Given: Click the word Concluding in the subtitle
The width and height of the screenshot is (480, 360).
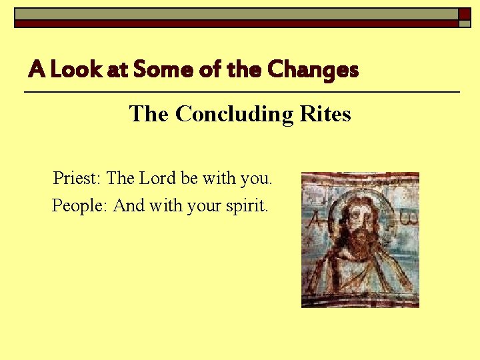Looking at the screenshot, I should (234, 114).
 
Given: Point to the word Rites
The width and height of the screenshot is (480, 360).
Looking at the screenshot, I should (325, 114).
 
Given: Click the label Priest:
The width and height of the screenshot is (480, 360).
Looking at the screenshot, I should (77, 179).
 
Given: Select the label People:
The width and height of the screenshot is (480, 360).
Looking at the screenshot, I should (80, 205).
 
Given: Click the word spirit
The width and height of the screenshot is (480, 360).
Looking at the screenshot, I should (247, 206).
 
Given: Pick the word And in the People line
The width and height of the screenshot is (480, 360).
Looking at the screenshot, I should (129, 205).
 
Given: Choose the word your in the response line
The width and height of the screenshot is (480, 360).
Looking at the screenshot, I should (203, 207).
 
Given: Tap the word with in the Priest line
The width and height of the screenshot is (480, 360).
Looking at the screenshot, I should (219, 179).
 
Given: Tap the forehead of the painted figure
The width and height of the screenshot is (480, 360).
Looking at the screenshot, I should (359, 205).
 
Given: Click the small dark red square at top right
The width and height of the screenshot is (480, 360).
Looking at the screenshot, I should (464, 13).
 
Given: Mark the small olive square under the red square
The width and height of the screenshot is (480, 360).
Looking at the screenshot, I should (464, 23).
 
